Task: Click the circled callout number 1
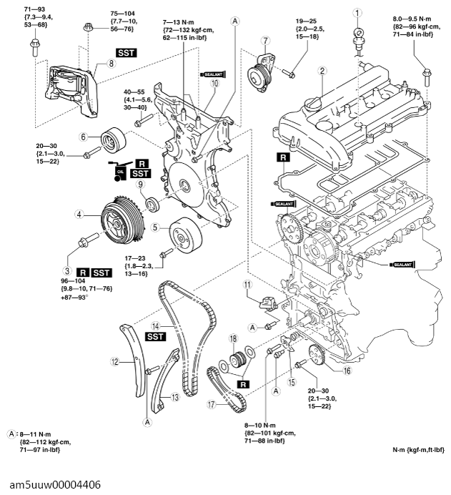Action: tap(358, 11)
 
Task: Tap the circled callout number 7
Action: tap(265, 40)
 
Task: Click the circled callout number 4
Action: tap(80, 213)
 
